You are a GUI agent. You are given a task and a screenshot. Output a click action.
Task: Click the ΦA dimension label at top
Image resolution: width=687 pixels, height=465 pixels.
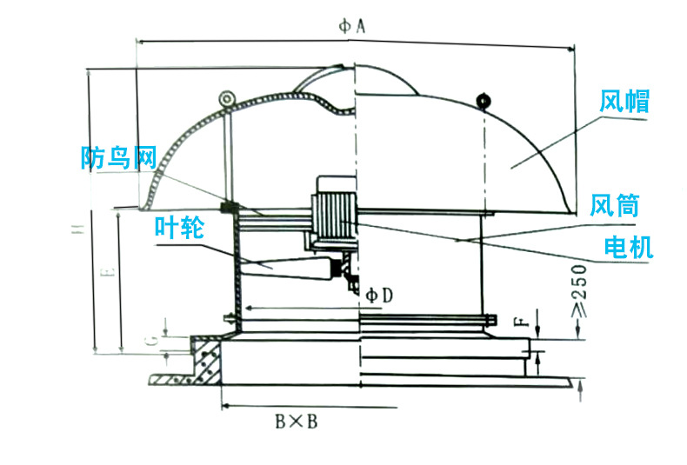[x=350, y=27]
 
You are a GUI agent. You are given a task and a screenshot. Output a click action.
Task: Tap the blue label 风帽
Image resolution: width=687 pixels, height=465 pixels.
[x=624, y=102]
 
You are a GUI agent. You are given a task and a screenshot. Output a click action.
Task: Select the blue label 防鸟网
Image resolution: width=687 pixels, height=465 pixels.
[x=117, y=157]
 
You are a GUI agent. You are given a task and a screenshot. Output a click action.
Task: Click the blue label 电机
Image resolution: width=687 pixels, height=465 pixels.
[x=628, y=249]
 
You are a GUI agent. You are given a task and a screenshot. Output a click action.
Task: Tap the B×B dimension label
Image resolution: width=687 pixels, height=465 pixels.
[x=296, y=422]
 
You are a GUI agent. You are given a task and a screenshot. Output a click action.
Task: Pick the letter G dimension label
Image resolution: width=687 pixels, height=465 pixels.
[x=150, y=340]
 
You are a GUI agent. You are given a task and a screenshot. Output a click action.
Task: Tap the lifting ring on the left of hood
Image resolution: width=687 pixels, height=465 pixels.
[x=228, y=97]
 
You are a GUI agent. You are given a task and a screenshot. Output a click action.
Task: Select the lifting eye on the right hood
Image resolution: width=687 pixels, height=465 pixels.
[x=484, y=100]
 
